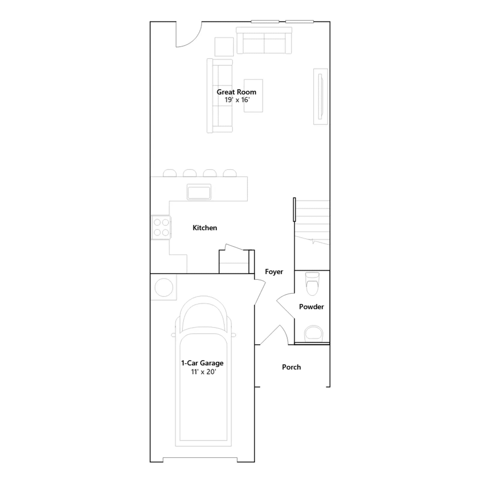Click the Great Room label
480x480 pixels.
[236, 92]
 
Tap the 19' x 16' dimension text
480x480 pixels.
[237, 100]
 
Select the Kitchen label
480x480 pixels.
[205, 228]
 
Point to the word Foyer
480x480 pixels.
[274, 272]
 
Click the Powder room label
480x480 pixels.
[311, 307]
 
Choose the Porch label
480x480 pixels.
[291, 367]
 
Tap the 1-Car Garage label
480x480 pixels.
[202, 363]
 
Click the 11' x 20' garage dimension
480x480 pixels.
[203, 372]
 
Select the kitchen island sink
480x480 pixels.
[199, 192]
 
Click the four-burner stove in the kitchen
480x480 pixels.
[161, 227]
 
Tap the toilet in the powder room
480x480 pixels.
[312, 283]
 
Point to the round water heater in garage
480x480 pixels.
[164, 287]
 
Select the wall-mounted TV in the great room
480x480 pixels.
[320, 97]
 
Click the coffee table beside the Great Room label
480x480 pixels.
[253, 96]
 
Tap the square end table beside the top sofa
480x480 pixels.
[224, 47]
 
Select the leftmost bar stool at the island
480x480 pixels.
[169, 173]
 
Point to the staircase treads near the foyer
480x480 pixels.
[312, 222]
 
